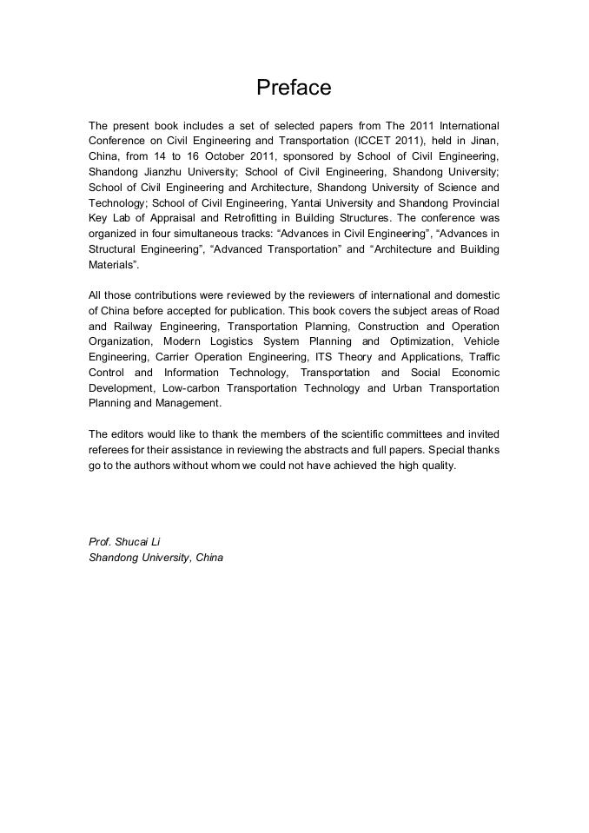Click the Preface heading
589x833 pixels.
click(x=294, y=88)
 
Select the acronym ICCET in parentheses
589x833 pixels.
click(x=376, y=141)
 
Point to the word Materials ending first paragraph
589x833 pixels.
click(x=112, y=265)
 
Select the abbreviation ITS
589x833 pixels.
click(x=324, y=357)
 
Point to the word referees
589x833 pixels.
click(x=111, y=450)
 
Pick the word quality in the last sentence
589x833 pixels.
click(x=433, y=466)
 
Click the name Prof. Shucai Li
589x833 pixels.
click(x=124, y=542)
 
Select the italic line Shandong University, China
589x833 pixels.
click(x=156, y=558)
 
